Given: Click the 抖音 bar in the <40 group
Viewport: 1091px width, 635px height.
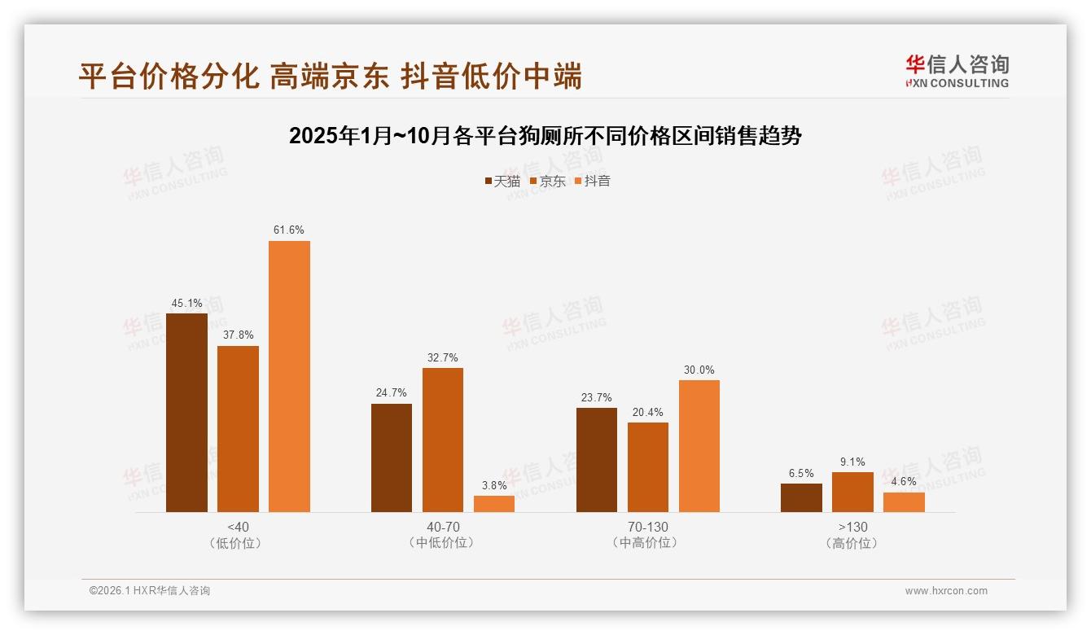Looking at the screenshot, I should coord(289,376).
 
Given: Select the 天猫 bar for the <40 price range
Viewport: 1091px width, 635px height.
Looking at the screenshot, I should coord(186,413).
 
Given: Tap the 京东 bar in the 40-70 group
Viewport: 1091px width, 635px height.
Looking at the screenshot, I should coord(442,440).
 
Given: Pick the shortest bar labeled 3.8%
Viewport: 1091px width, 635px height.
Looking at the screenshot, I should coord(494,504).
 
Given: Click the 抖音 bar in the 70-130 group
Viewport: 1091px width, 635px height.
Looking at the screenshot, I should coord(699,446).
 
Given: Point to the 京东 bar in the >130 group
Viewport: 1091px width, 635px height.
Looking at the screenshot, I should coord(852,492).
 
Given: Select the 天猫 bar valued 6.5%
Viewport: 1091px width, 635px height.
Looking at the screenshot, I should coord(801,497).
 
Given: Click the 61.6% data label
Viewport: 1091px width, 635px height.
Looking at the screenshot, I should coord(289,230).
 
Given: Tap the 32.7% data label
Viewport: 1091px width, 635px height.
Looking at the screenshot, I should coord(442,357).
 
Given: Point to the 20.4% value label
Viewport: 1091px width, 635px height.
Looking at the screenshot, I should coord(648,412).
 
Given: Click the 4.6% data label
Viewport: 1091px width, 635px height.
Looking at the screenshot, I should coord(904,482).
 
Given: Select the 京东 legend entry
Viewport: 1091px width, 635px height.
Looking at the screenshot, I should coord(548,181).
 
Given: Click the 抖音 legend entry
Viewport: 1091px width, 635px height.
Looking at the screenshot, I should coord(593,181).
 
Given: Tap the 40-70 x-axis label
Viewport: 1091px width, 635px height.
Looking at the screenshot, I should coord(442,527).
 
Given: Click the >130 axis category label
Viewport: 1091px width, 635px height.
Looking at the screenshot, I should coord(852,527).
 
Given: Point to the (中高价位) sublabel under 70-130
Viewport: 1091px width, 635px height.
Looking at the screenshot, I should coord(648,543).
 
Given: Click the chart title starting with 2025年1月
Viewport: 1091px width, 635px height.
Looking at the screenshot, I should coord(545,136).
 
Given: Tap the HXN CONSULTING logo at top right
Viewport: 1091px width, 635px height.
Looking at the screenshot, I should coord(957,72).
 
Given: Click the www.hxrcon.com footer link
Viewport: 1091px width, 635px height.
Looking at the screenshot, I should coord(946,591).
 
